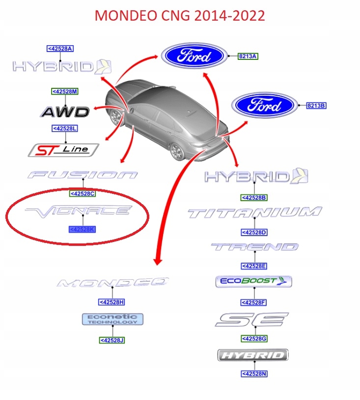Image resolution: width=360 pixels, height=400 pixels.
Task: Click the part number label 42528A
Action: click(60, 49)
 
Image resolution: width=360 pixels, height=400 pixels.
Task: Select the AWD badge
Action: click(65, 112)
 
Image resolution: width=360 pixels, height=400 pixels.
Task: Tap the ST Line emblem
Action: click(63, 150)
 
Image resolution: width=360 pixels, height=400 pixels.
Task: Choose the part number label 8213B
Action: click(316, 106)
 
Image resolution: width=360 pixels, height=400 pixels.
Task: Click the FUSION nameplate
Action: click(83, 175)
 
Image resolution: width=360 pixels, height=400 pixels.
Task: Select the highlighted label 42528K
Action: click(82, 229)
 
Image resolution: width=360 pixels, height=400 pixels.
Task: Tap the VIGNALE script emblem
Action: click(79, 211)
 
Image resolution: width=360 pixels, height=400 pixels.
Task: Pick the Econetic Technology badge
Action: click(112, 320)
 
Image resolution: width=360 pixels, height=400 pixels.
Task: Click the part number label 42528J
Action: click(112, 340)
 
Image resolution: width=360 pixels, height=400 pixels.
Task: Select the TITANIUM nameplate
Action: click(254, 213)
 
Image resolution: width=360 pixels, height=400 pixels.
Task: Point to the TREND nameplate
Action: click(254, 247)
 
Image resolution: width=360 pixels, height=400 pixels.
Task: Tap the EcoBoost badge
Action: click(254, 282)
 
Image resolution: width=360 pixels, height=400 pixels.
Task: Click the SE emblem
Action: click(251, 320)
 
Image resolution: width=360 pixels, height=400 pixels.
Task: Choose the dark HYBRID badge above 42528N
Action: click(253, 355)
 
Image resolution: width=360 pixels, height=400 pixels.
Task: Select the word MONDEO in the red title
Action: click(124, 15)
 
